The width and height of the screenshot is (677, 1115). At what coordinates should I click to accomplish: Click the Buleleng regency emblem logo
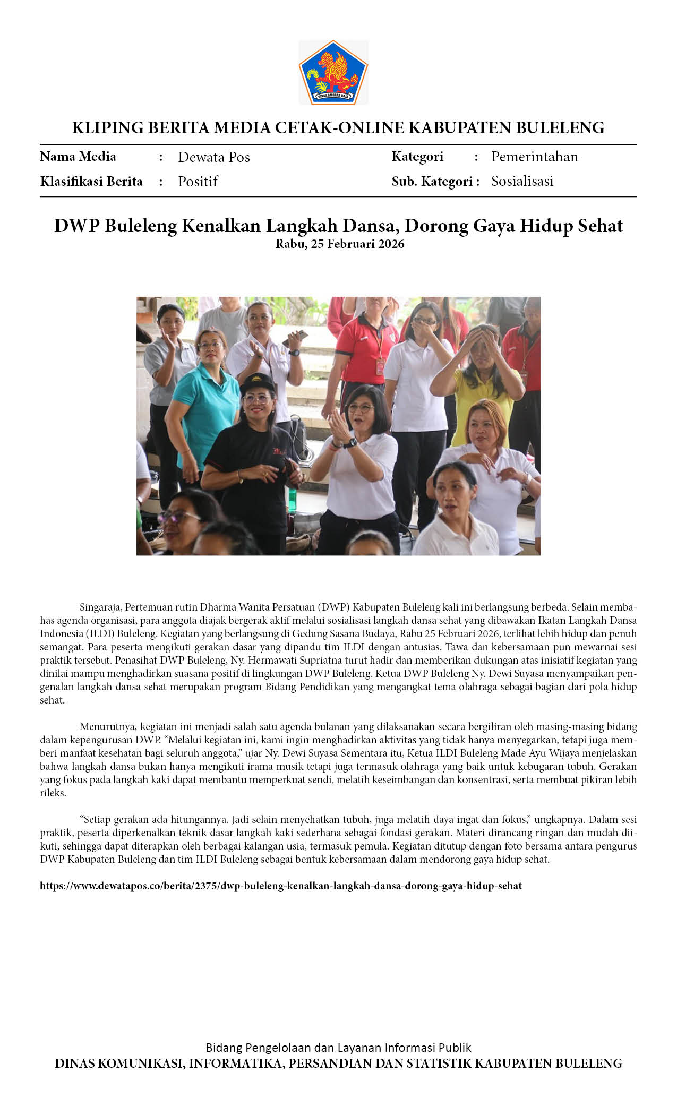[333, 72]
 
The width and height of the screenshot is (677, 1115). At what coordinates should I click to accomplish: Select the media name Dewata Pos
[213, 157]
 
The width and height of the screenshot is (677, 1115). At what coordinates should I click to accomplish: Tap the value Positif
[198, 182]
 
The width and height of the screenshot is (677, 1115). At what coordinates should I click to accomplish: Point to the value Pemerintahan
[534, 157]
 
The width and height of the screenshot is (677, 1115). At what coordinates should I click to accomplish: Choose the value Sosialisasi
[522, 181]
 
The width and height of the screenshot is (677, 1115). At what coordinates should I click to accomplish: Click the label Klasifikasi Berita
[91, 182]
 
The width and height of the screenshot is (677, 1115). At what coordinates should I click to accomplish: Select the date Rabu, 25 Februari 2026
[339, 244]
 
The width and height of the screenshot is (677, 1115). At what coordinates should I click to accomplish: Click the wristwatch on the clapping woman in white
[350, 442]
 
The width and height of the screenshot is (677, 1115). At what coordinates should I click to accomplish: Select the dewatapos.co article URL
[280, 886]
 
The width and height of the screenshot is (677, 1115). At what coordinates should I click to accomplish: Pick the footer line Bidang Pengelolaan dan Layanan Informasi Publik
[338, 1048]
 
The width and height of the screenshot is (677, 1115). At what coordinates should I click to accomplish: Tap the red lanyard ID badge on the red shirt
[380, 366]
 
